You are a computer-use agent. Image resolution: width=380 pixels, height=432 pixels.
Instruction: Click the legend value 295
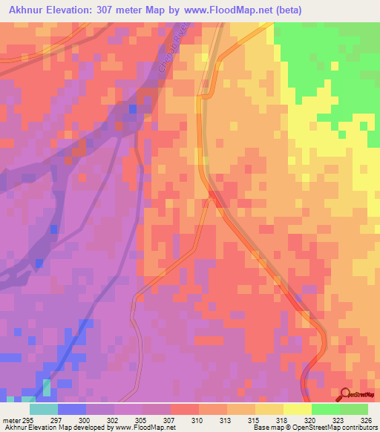[x=29, y=419]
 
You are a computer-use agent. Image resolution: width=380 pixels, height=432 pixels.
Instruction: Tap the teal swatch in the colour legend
[x=44, y=409]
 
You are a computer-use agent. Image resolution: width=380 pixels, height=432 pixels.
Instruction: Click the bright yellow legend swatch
[x=298, y=409]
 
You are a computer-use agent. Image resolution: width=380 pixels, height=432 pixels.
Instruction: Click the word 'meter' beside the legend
[x=10, y=419]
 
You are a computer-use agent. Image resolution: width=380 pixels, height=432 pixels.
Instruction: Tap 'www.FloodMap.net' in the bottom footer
[x=145, y=428]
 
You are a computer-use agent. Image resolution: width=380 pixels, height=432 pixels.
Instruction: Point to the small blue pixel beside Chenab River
[x=132, y=109]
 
